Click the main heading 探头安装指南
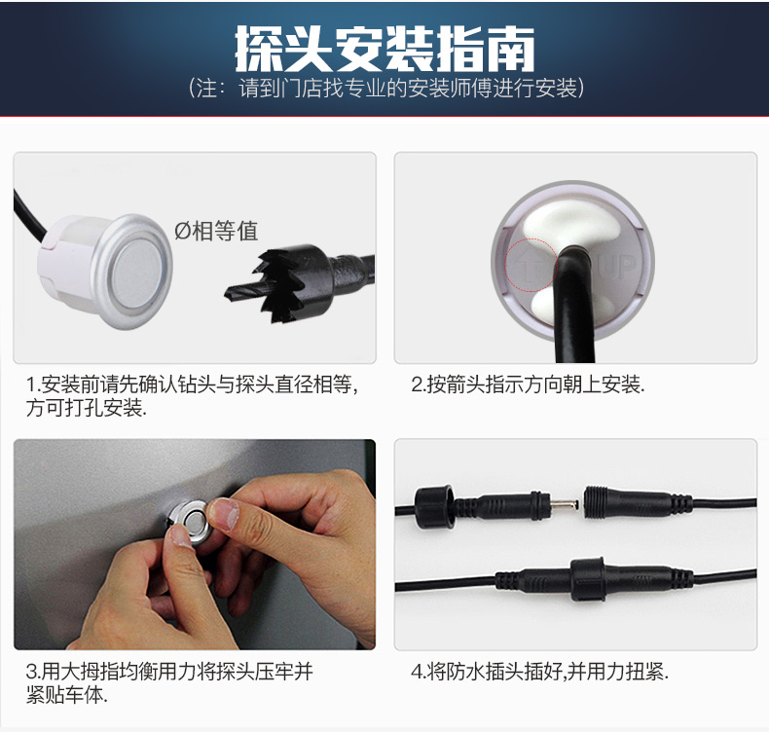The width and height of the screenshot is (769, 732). coord(384,49)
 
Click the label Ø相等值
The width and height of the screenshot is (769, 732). coord(216,231)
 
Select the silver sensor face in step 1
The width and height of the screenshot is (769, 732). coord(137,272)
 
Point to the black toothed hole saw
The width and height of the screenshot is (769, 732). coord(299,282)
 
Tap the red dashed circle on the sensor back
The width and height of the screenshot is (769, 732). coord(531,265)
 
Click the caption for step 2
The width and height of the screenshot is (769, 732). coord(528,384)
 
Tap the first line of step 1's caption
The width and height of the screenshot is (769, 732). coord(192,384)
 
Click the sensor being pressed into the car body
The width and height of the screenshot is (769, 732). coord(188,523)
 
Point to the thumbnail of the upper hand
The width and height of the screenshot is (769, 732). coord(224,514)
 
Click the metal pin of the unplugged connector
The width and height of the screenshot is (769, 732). coord(564,504)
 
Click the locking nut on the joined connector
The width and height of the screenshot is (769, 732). coord(588,579)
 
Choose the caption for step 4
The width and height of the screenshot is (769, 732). coord(540,672)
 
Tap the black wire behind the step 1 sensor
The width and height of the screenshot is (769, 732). coord(29,216)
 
